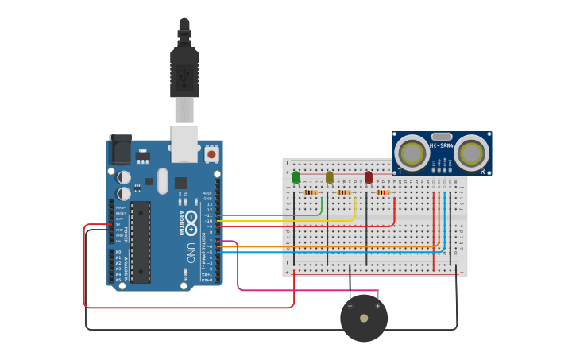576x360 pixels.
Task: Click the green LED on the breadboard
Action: point(296,177)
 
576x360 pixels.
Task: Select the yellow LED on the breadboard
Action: point(329,177)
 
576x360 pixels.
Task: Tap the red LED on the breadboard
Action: point(369,177)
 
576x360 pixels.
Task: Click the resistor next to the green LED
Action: point(310,192)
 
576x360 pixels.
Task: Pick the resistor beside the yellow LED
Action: point(343,192)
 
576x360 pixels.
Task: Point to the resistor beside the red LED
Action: point(383,192)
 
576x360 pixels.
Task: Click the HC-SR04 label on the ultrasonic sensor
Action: point(442,145)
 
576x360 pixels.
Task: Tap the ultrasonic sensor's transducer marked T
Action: point(412,152)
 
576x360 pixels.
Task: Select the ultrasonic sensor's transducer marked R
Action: point(471,152)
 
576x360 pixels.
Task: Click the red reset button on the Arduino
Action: point(211,154)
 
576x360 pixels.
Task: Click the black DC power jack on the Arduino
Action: point(120,149)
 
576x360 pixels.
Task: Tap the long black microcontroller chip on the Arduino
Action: point(141,242)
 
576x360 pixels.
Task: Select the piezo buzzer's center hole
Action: point(364,318)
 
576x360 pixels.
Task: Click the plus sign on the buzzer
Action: point(377,305)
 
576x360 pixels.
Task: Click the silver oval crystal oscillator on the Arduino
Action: point(163,180)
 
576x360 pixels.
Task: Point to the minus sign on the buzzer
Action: point(350,305)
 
